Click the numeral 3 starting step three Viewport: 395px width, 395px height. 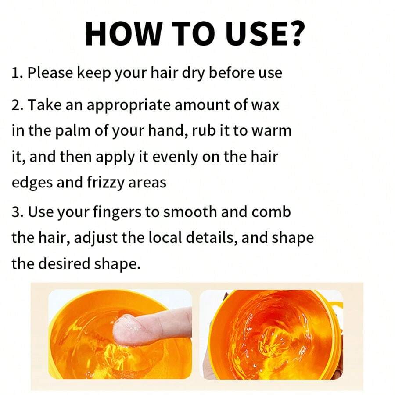pos(16,212)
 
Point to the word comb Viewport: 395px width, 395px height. pos(272,212)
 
